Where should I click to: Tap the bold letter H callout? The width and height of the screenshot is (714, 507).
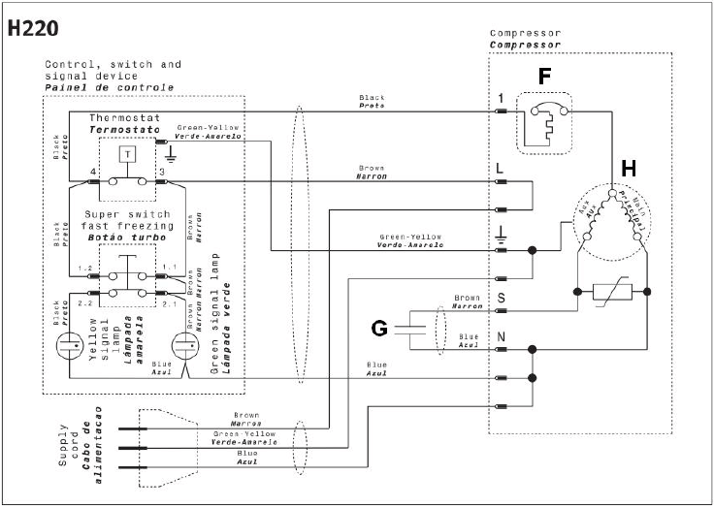click(629, 167)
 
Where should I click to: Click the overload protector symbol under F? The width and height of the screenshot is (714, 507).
click(545, 122)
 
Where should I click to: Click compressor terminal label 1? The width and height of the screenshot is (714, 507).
click(500, 98)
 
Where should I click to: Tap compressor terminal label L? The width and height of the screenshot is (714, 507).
click(500, 168)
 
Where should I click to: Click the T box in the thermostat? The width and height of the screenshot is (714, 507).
click(126, 153)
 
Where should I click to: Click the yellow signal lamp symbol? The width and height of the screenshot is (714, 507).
click(71, 344)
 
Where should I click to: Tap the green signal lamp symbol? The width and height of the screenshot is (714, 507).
click(184, 344)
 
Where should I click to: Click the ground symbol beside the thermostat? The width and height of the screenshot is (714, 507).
click(171, 152)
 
